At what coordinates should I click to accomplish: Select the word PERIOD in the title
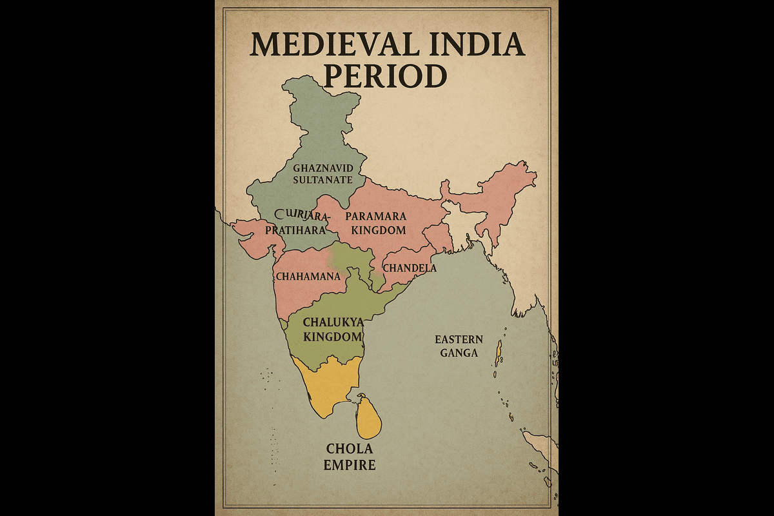pyautogui.click(x=385, y=76)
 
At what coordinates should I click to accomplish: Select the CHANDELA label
pyautogui.click(x=410, y=268)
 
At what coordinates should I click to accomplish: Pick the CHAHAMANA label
pyautogui.click(x=308, y=276)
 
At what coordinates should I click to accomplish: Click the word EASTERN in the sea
pyautogui.click(x=459, y=340)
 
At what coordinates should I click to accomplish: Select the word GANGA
pyautogui.click(x=459, y=353)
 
